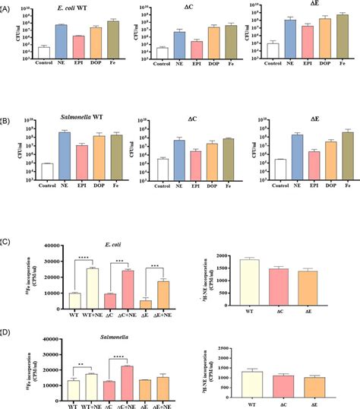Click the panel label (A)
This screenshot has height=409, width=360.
7,7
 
